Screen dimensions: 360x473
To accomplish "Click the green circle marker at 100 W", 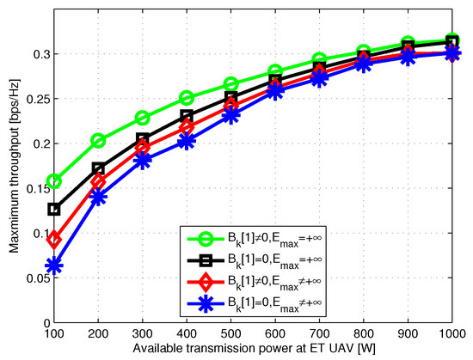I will click(54, 181).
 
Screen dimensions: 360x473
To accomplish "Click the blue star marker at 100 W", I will click(54, 266).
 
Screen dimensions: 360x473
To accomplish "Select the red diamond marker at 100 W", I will click(54, 239).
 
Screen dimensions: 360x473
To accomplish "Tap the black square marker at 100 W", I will click(54, 209).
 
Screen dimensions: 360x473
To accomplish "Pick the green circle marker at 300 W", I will click(143, 118).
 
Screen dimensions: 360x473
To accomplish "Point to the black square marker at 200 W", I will click(99, 169).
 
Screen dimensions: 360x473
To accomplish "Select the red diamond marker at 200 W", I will click(99, 181).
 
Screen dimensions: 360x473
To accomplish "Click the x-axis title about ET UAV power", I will click(253, 349).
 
